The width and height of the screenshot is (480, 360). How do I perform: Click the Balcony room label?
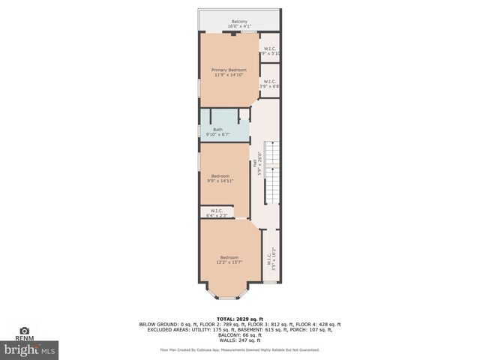pos(240,21)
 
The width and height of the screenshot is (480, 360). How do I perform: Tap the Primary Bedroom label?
pos(228,70)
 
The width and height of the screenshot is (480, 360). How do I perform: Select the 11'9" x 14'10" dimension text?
pos(228,75)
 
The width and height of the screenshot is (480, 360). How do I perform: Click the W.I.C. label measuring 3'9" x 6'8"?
pos(270,81)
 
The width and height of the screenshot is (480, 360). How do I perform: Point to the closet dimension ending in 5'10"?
pos(270,54)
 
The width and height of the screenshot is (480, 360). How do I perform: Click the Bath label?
pos(217,130)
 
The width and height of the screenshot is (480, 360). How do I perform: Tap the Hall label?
pos(255,162)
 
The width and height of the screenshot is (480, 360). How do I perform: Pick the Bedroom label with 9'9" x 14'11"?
pos(220,175)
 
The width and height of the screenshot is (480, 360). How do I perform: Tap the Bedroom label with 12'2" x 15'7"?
pos(229,256)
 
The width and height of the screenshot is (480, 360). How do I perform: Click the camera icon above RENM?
pos(25,330)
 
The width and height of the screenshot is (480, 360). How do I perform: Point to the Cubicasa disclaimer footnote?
pos(240,349)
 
